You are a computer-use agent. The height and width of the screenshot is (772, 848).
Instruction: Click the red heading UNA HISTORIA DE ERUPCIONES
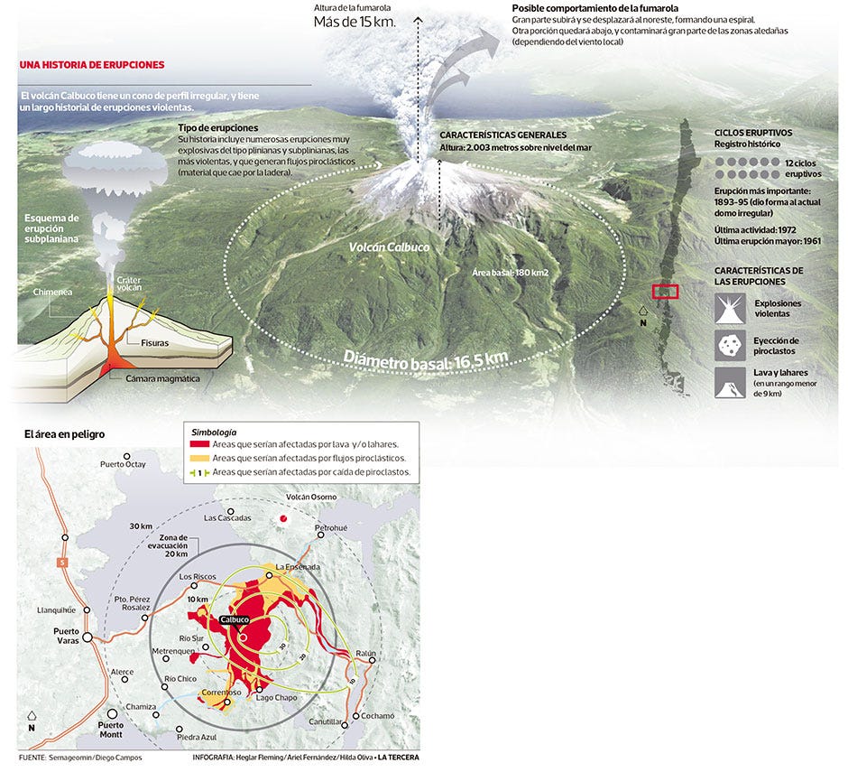tap(92, 65)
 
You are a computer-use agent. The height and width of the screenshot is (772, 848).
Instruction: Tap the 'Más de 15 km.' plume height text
tap(355, 23)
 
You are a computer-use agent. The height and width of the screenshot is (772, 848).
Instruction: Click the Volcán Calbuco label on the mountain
tap(389, 247)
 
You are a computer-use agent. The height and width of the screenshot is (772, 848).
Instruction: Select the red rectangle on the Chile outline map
tap(665, 292)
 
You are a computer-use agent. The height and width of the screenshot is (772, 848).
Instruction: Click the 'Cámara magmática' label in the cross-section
tap(162, 379)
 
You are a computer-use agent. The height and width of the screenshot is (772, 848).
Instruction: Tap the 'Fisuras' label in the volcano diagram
tap(154, 343)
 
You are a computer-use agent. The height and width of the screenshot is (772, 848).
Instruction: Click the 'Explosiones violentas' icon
tap(730, 309)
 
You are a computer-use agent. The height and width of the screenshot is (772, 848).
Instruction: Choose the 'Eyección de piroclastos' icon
tap(730, 346)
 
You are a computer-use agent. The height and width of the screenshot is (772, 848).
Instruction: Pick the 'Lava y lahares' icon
tap(730, 383)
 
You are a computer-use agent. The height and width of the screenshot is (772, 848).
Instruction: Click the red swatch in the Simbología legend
tap(199, 444)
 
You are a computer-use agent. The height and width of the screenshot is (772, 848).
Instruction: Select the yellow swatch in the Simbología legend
tap(199, 458)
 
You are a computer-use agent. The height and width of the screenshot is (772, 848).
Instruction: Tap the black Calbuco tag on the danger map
tap(235, 620)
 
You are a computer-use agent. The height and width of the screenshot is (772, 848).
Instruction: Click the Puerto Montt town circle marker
tap(112, 714)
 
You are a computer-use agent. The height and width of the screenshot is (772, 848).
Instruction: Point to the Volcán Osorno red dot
tap(282, 518)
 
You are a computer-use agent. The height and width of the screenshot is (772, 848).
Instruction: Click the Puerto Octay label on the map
tap(123, 464)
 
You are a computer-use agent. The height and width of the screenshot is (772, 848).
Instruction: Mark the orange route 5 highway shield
tap(63, 563)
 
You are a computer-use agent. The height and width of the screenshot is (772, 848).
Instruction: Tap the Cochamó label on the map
tap(377, 716)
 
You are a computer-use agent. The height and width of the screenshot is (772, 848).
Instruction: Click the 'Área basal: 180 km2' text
tap(510, 273)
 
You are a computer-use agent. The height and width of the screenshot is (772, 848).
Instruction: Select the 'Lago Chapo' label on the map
tap(276, 698)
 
